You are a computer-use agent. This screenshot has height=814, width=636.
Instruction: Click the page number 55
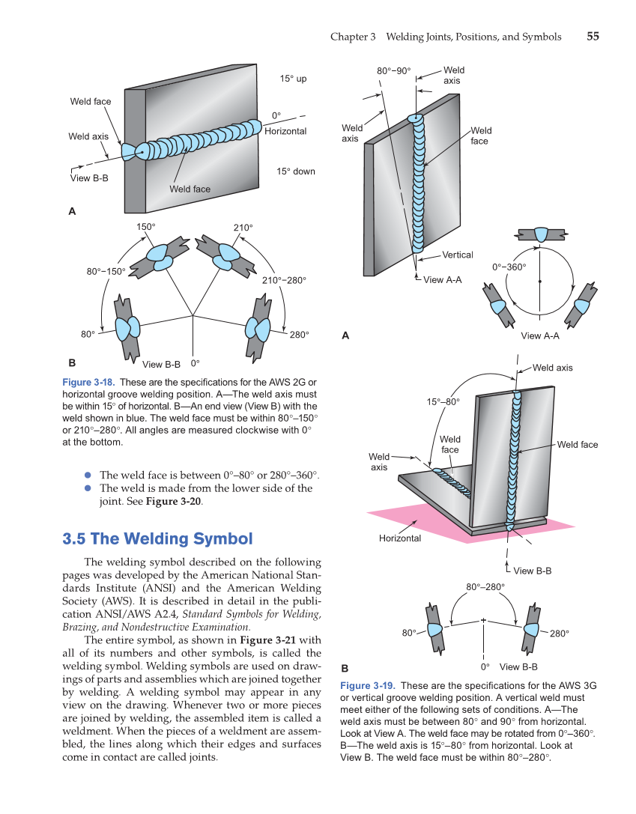point(592,36)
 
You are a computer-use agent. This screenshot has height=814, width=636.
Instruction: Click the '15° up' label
point(294,79)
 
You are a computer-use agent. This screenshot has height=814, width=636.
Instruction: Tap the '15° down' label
point(296,171)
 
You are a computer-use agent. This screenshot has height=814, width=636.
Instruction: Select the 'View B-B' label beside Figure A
point(89,178)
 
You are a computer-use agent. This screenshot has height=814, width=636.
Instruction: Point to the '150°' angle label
point(146,226)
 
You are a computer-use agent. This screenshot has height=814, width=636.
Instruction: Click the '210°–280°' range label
point(284,280)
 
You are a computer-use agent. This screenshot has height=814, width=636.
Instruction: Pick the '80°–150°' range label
point(106,271)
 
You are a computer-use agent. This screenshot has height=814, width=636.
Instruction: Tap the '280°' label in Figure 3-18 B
point(299,334)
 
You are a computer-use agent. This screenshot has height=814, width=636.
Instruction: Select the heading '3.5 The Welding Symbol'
point(157,538)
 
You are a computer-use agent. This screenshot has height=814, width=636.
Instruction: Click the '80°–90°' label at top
point(393,71)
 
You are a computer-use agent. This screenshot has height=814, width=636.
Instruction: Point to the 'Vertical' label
point(457,255)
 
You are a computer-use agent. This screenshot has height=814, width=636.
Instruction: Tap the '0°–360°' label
point(509,267)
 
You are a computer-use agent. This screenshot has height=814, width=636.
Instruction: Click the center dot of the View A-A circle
point(539,282)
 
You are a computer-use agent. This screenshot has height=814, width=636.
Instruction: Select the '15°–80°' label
point(443,402)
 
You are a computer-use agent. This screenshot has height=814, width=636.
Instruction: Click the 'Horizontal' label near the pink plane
point(399,538)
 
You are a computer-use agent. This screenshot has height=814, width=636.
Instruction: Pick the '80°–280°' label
point(485,586)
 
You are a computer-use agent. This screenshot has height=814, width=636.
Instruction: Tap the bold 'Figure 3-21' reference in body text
point(269,640)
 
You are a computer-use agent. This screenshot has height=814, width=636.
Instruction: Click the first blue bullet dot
point(88,475)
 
